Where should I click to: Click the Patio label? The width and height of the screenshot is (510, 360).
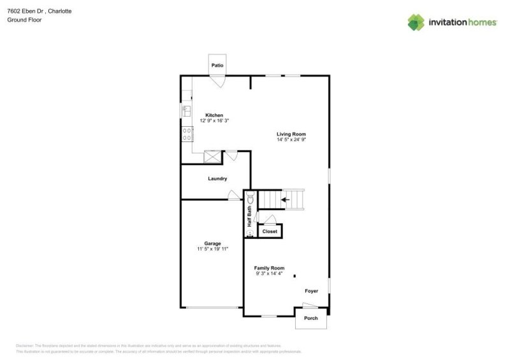(x=217, y=65)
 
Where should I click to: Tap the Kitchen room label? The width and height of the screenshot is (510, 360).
(x=214, y=115)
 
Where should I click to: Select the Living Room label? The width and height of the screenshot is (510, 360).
(x=291, y=134)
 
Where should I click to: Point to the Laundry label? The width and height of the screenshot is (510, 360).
(x=217, y=178)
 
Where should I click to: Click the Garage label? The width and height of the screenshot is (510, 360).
(x=212, y=243)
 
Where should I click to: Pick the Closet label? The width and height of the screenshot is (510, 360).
(x=270, y=231)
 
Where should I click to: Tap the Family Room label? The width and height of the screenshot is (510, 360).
(x=269, y=268)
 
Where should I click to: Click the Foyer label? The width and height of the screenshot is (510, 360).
(x=311, y=291)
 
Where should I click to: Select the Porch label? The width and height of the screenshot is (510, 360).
(x=310, y=318)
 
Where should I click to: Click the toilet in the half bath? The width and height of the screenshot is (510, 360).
(x=251, y=199)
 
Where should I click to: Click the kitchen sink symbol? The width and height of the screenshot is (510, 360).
(x=187, y=111)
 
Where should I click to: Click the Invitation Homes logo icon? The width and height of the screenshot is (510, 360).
(x=416, y=22)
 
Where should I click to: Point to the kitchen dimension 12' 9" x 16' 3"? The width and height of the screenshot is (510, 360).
(x=214, y=121)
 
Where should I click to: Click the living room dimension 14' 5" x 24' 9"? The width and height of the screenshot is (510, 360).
(x=291, y=140)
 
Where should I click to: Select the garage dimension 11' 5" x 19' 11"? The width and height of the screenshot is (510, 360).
(x=212, y=249)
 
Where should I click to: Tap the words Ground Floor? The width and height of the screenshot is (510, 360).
(x=20, y=20)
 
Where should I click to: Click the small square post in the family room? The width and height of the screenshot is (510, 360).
(x=295, y=276)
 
